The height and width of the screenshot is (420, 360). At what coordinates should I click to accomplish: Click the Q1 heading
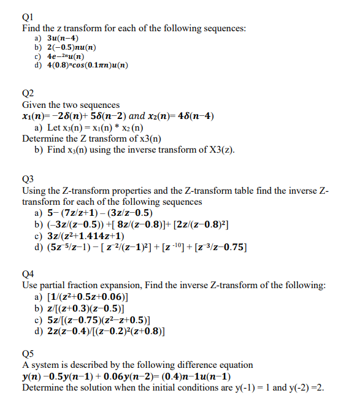coord(28,17)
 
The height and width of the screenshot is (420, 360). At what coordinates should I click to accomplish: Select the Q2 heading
coord(28,94)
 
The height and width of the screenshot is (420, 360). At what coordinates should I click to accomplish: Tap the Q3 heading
coord(28,180)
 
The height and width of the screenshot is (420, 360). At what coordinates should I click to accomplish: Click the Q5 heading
coord(28,353)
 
